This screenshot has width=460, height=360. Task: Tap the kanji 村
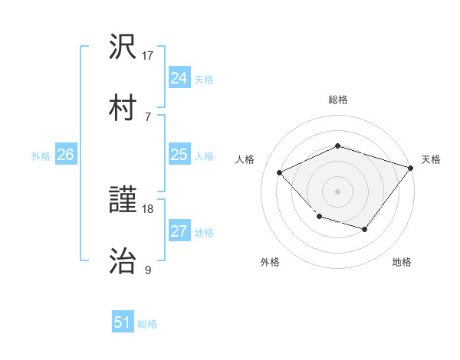pos(123,107)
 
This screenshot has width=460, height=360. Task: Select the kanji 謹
pos(123,201)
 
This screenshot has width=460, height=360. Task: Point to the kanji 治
pos(123,261)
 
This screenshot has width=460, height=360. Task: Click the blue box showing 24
pos(179,78)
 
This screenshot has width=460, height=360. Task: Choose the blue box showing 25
pos(179,155)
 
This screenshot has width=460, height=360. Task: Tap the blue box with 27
pos(179,231)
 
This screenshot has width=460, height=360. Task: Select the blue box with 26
pos(65,155)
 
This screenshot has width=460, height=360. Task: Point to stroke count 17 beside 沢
pos(148,56)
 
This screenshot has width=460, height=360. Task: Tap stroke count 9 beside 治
pos(148,270)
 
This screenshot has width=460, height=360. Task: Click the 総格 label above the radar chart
pos(337,100)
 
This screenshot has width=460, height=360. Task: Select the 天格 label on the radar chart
pos(430,159)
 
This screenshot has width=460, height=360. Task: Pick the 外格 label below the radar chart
pos(270,263)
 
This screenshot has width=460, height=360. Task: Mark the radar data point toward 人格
pos(280,172)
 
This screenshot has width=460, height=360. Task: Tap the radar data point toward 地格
pos(365,229)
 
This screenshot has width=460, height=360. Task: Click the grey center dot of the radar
pos(337,191)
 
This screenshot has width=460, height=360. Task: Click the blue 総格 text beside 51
pos(147,323)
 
